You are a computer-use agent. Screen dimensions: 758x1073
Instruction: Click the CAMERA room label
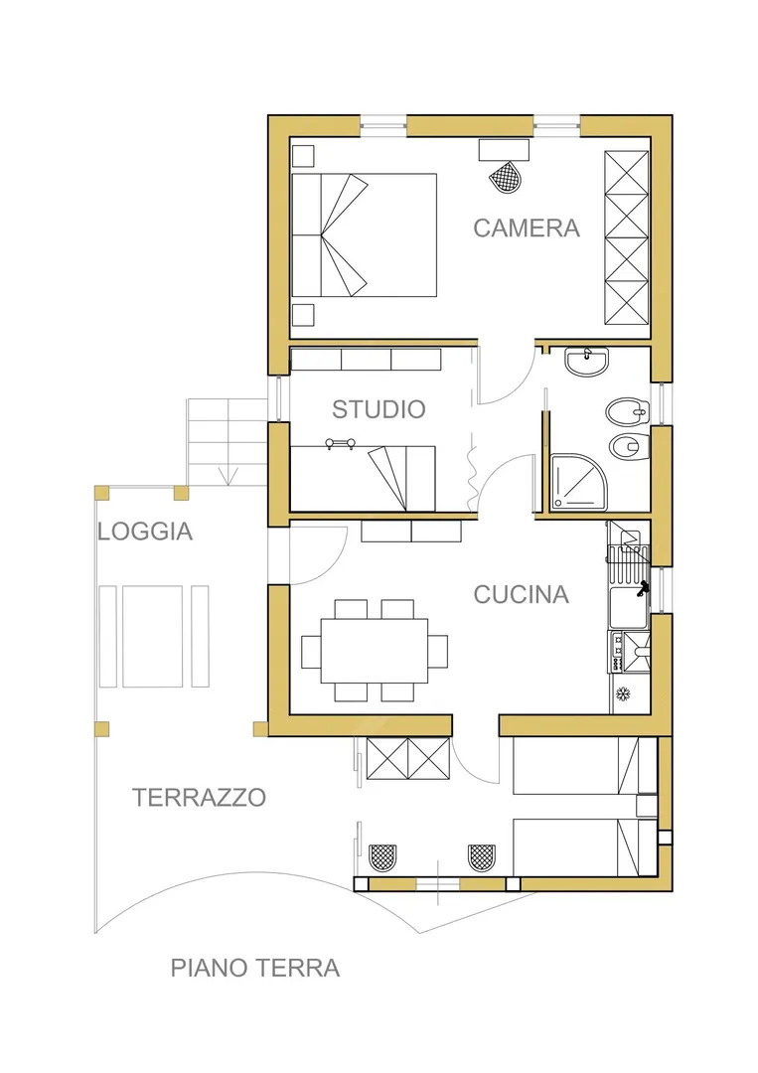pyautogui.click(x=527, y=228)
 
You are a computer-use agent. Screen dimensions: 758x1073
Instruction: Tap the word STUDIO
pyautogui.click(x=379, y=409)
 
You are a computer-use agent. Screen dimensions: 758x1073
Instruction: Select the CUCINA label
pyautogui.click(x=522, y=595)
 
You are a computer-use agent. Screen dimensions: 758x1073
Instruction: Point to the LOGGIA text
pyautogui.click(x=145, y=532)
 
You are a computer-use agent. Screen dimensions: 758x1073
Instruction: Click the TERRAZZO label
pyautogui.click(x=199, y=797)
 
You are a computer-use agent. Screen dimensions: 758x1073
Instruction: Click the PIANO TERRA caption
pyautogui.click(x=255, y=969)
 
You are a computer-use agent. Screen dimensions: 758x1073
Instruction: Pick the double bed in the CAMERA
pyautogui.click(x=364, y=234)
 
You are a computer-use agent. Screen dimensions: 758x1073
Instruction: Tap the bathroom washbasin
pyautogui.click(x=587, y=362)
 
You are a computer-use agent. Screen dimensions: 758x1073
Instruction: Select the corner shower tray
pyautogui.click(x=579, y=482)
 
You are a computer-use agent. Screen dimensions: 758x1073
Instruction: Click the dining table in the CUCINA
pyautogui.click(x=375, y=651)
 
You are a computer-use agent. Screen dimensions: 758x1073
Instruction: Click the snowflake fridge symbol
pyautogui.click(x=623, y=694)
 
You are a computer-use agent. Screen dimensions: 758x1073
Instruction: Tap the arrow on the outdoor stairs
pyautogui.click(x=227, y=475)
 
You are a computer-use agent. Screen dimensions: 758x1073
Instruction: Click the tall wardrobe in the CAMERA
pyautogui.click(x=627, y=237)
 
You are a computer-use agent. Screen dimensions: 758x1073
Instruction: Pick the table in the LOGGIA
pyautogui.click(x=153, y=637)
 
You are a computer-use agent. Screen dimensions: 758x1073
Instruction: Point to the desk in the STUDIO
pyautogui.click(x=364, y=478)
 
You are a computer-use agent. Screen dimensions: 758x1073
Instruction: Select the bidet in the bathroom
pyautogui.click(x=626, y=411)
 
